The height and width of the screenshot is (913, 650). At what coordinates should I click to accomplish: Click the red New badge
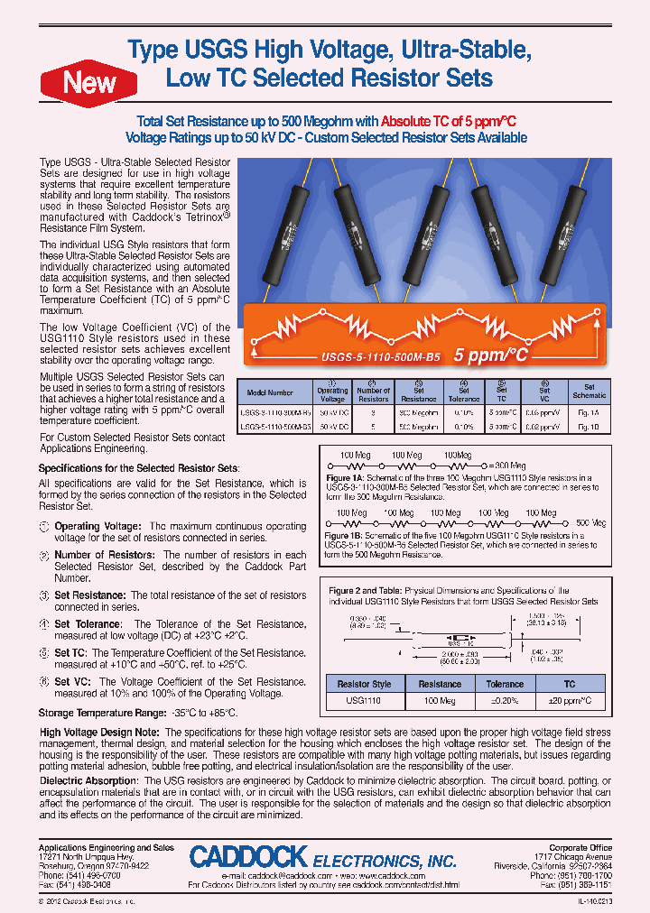88,83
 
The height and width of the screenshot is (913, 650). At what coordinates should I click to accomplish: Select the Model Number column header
269,393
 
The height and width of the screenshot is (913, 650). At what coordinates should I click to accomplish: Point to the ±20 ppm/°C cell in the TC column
570,700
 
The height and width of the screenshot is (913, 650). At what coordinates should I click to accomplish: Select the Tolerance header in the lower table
505,684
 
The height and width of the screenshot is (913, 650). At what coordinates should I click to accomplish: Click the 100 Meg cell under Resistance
440,700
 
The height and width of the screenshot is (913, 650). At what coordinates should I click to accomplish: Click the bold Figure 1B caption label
344,535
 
